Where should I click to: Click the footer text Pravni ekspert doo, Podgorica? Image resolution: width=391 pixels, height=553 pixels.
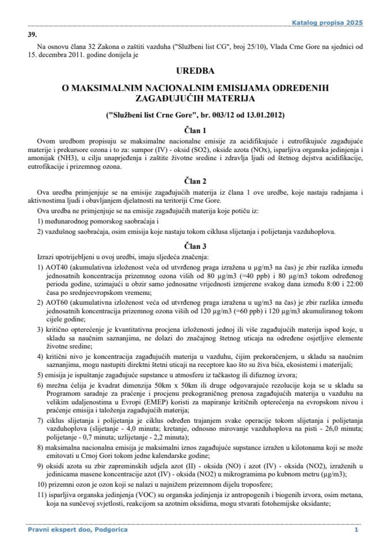click(77, 529)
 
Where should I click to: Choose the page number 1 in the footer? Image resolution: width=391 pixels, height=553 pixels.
click(356, 529)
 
